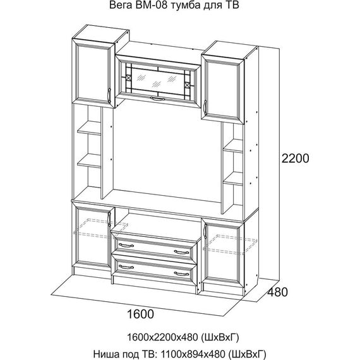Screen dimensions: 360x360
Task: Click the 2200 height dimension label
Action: (295, 158)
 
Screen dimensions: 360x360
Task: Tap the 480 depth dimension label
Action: (277, 292)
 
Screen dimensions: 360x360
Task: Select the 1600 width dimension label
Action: (140, 314)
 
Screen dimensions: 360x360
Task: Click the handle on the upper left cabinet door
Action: (109, 95)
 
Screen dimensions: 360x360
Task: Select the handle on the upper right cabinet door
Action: (205, 107)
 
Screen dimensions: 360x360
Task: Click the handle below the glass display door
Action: (157, 99)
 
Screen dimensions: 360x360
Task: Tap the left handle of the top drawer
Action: (126, 245)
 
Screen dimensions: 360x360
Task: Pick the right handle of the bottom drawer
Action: (181, 273)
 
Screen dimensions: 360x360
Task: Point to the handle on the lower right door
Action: (205, 232)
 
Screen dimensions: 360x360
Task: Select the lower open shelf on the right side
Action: (233, 179)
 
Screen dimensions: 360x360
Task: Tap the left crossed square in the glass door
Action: (129, 78)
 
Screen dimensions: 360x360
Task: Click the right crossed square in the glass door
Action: (188, 85)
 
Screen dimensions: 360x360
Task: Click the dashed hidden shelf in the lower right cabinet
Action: (230, 244)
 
